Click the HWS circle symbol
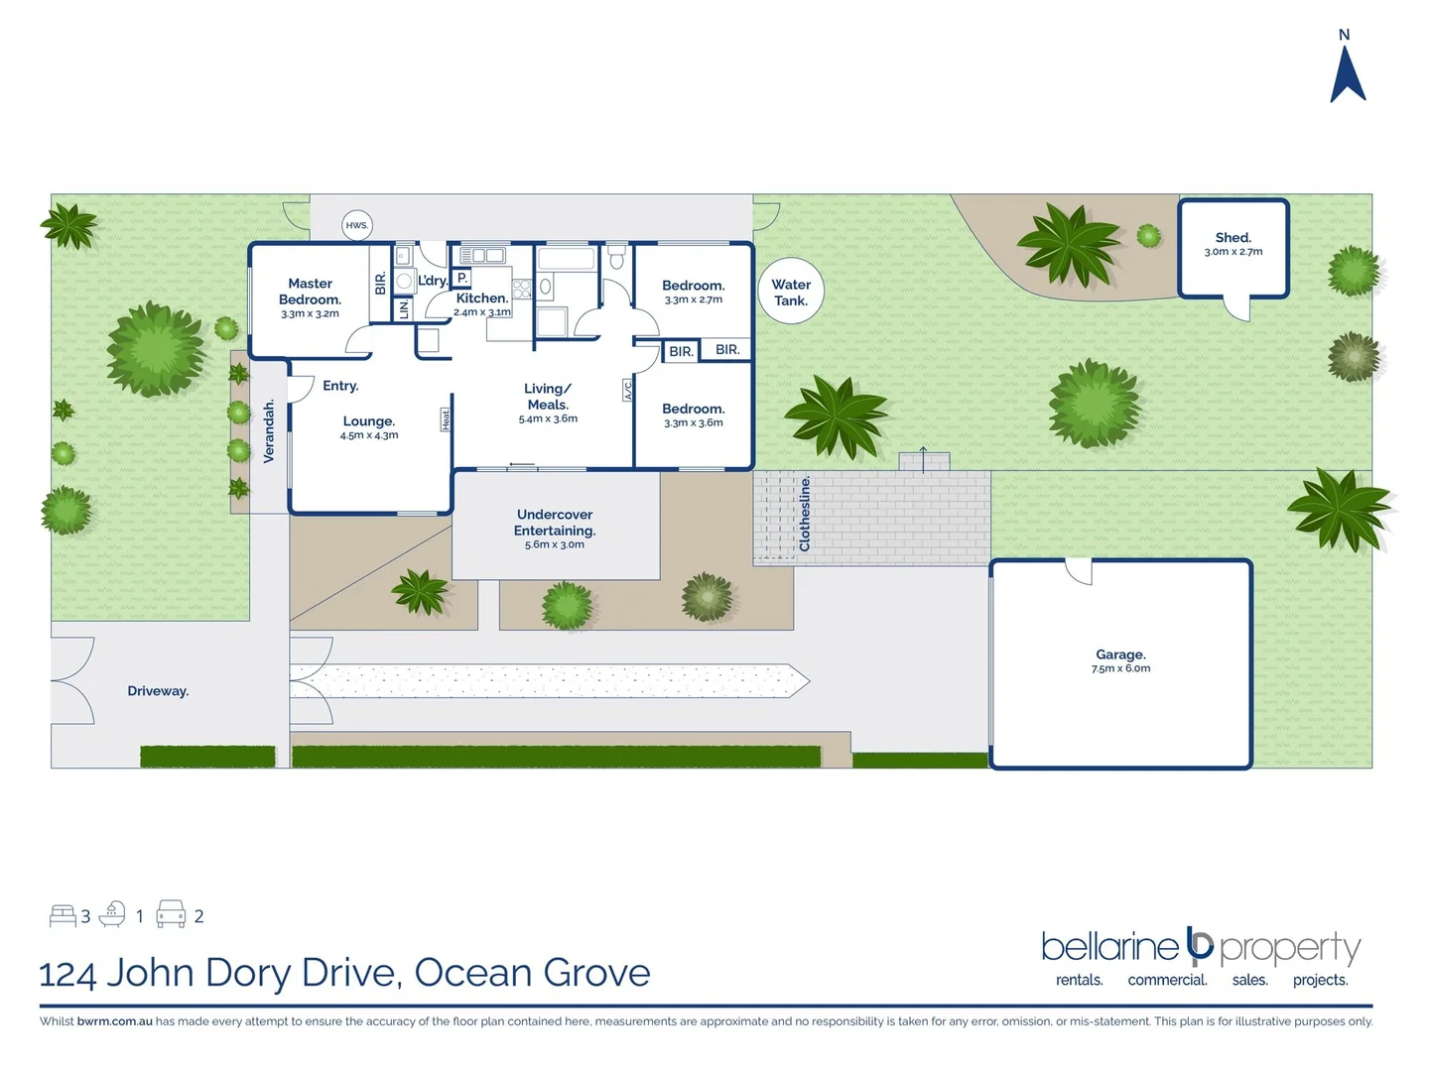point(356,225)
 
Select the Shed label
point(1234,238)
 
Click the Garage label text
point(1120,654)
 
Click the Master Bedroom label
point(310,292)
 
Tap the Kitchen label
point(482,297)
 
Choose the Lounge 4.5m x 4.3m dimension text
point(369,435)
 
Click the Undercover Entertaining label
point(555,523)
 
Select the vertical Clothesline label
point(805,513)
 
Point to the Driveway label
point(158,691)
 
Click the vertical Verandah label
point(269,430)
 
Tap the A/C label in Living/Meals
point(627,391)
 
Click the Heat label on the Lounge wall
point(446,419)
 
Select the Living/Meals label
point(548,397)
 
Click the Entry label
point(340,386)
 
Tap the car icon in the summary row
point(171,914)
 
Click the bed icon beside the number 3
point(63,915)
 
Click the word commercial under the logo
point(1167,980)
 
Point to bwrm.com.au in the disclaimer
point(114,1021)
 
